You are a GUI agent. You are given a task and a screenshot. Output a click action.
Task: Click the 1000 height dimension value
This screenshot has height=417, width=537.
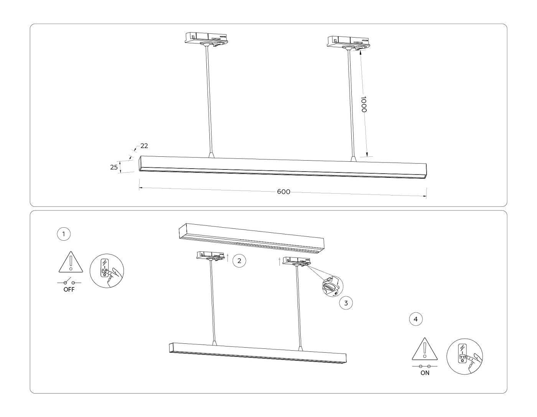pos(364,104)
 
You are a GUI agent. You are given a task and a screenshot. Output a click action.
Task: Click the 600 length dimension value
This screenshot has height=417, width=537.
pos(283,192)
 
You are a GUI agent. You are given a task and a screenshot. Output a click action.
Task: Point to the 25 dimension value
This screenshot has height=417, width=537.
pos(114,167)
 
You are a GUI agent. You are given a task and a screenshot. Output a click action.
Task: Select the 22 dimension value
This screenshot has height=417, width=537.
pos(144,146)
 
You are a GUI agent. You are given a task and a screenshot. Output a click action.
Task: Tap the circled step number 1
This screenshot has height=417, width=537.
pos(64,234)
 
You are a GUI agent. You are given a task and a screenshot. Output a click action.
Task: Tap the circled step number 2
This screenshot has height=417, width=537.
pos(239,261)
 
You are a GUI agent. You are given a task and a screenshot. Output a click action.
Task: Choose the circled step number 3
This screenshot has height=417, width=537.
pos(346,303)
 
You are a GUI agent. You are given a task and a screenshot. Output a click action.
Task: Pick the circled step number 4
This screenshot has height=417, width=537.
pos(416,319)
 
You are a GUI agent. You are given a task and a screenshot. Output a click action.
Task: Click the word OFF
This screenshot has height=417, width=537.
pos(69,290)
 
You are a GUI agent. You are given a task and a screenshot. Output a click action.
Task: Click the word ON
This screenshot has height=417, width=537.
pos(425,373)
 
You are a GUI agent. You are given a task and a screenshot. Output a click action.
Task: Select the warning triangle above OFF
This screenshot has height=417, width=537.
pos(71,262)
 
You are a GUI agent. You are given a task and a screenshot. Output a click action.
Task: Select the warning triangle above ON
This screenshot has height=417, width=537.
pos(425,349)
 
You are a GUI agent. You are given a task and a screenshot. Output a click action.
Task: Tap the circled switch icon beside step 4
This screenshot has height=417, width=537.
pos(465,356)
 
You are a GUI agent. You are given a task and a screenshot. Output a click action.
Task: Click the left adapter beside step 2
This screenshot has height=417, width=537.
pos(210,256)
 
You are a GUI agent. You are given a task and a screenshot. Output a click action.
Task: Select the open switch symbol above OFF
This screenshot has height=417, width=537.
pos(69,282)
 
